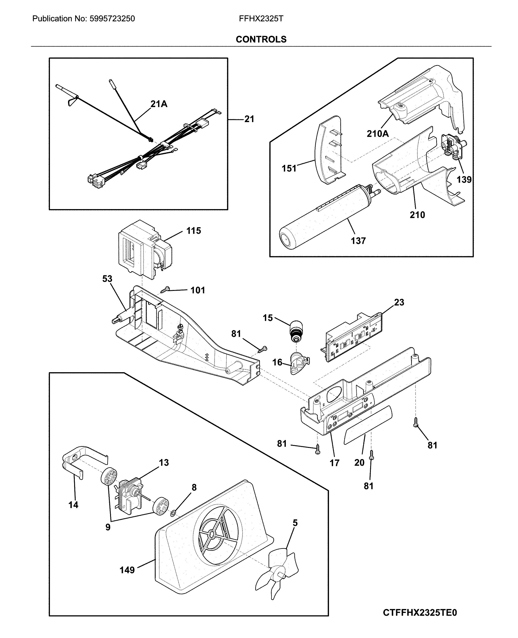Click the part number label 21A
[x=159, y=104]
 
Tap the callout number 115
[x=194, y=231]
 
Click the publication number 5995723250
[x=112, y=19]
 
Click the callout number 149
[x=127, y=570]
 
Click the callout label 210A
[x=377, y=134]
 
